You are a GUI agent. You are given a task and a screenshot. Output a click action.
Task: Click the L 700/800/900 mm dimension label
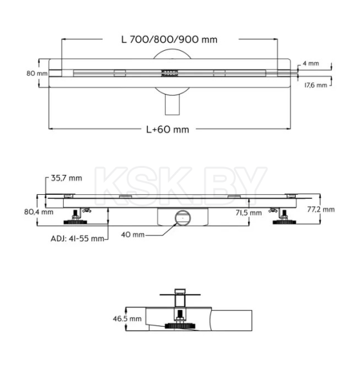coord(169,39)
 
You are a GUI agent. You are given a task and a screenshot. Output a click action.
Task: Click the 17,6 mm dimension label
coord(314,84)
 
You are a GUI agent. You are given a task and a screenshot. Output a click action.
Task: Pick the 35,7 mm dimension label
coord(66,179)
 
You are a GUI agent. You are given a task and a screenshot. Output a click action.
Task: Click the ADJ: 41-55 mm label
coord(77,239)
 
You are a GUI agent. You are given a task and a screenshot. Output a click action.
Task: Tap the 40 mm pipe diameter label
coord(133,235)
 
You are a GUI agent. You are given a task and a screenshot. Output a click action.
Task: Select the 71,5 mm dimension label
coord(248,212)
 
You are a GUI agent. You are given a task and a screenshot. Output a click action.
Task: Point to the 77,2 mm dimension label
coord(321,210)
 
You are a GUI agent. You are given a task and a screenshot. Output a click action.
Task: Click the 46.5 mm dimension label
coord(126,318)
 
